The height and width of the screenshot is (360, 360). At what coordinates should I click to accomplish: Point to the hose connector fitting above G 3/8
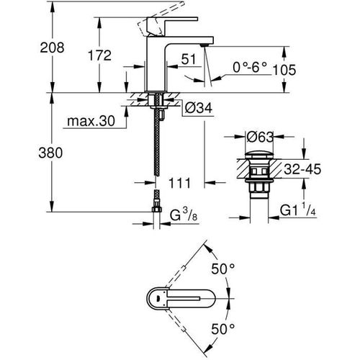coord(156,199)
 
